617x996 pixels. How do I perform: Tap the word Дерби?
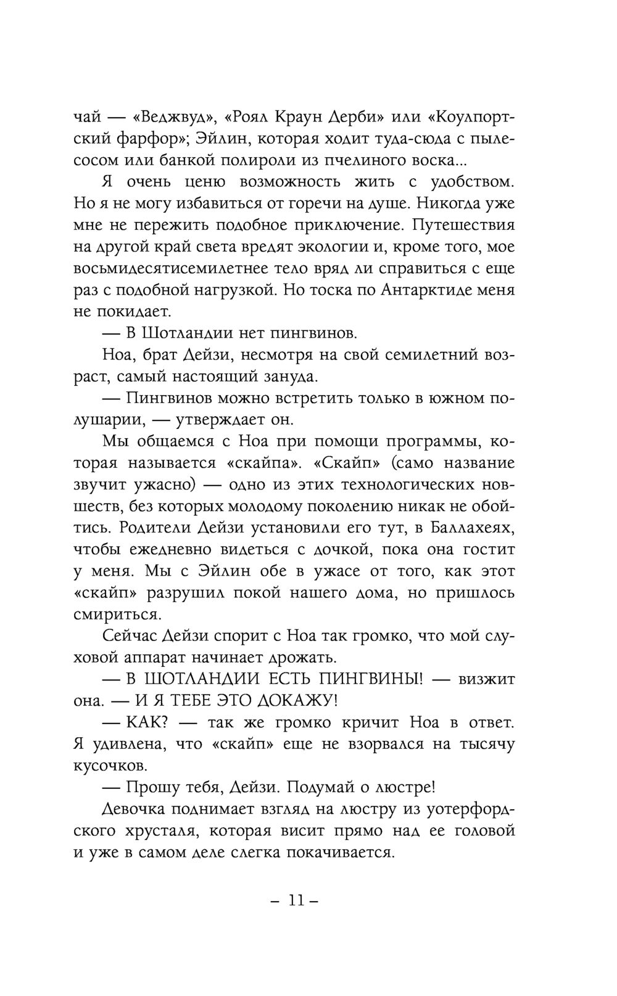362,117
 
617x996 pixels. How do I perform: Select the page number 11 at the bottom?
294,900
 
